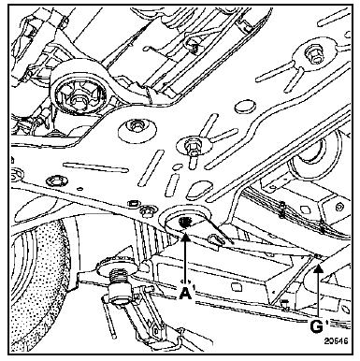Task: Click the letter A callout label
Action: [185, 293]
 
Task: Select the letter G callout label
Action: [317, 326]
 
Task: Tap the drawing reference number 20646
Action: [336, 340]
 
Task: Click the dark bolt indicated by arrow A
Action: [185, 223]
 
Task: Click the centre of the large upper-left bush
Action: [77, 99]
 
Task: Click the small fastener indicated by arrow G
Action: [317, 256]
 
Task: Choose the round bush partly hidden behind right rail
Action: [310, 156]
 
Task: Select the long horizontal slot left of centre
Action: [95, 167]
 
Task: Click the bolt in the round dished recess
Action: [136, 126]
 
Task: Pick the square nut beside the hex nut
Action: [134, 203]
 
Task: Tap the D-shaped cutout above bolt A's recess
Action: [199, 189]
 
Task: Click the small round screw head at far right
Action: [339, 207]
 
